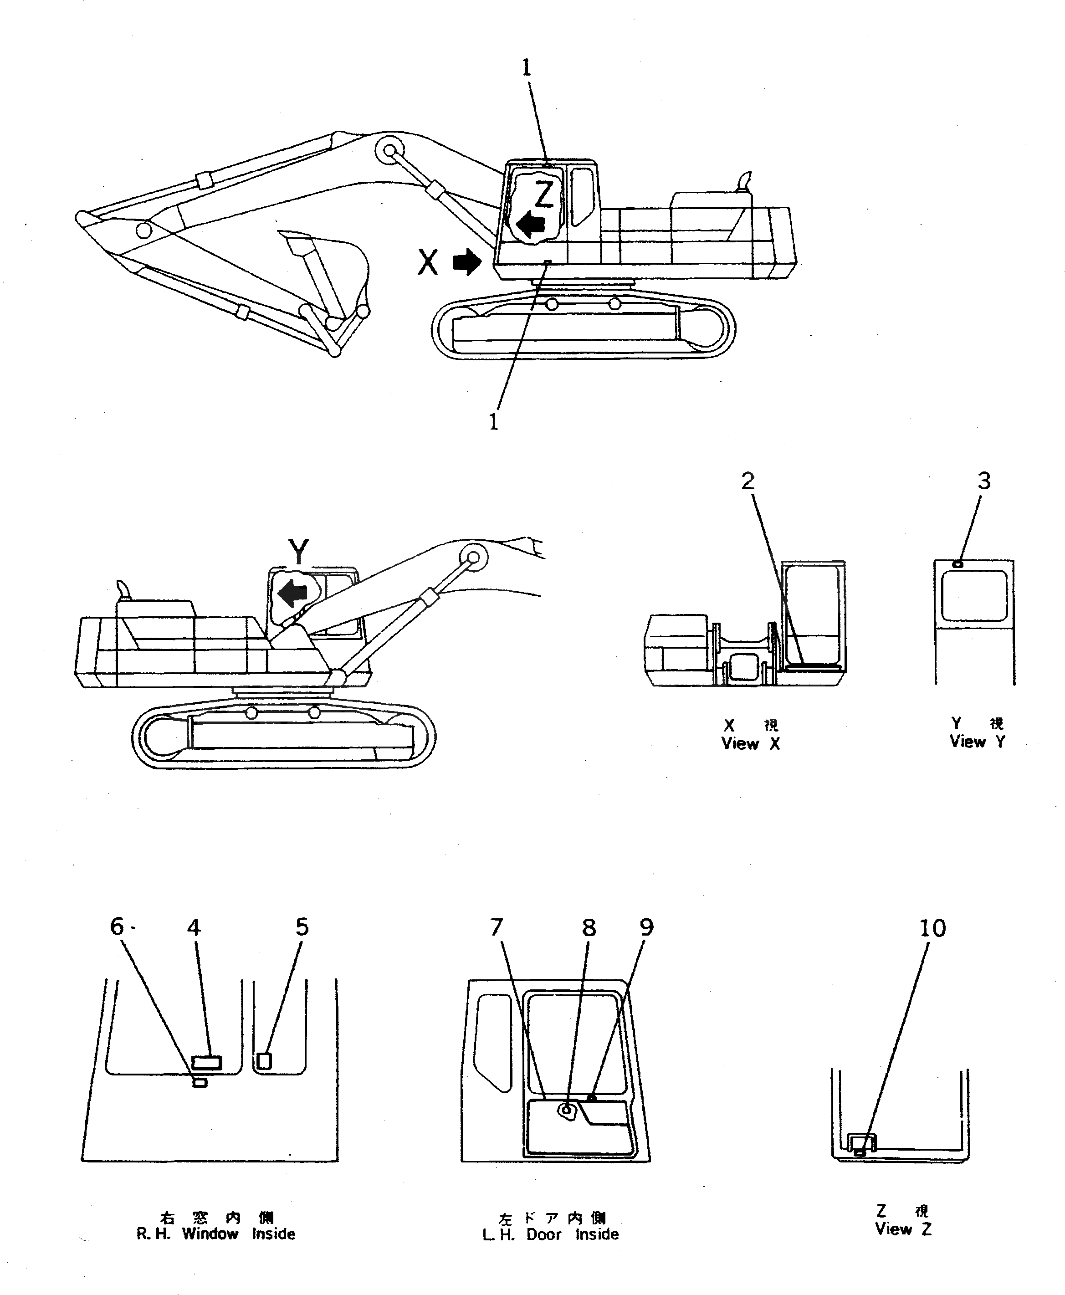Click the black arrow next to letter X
tap(467, 261)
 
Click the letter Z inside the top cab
tap(544, 195)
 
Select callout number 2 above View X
tap(747, 481)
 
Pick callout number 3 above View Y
tap(983, 481)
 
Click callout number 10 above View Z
tap(932, 928)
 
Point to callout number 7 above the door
tap(497, 927)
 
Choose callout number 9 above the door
tap(647, 927)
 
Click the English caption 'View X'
tap(750, 743)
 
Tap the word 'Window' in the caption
tap(210, 1234)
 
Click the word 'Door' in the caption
tap(543, 1234)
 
